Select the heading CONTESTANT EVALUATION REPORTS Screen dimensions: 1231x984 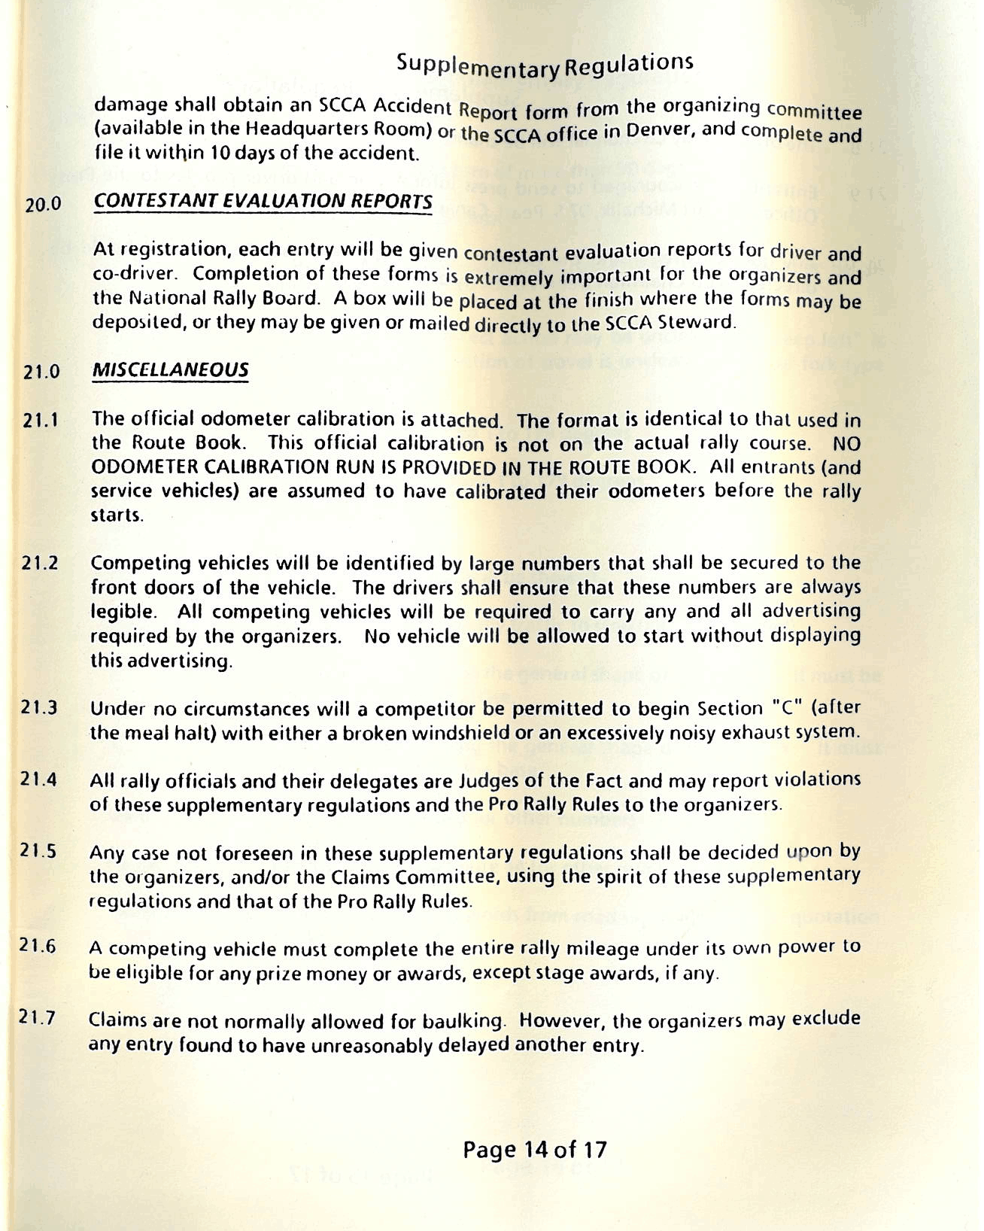tap(263, 202)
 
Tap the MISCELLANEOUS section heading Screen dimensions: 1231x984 tap(170, 369)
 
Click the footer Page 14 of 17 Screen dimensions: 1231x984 tap(534, 1149)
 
